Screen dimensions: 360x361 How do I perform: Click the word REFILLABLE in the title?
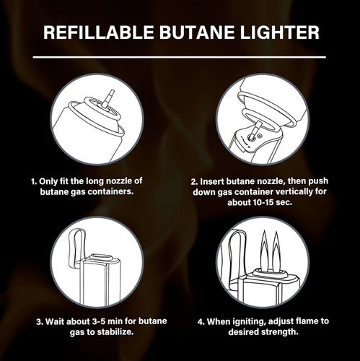tap(99, 32)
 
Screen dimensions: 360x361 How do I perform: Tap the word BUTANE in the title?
tap(197, 32)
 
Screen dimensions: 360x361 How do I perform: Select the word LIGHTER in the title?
tap(280, 32)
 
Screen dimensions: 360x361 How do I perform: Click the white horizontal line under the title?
tap(180, 57)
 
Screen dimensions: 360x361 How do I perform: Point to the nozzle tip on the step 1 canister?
tap(111, 92)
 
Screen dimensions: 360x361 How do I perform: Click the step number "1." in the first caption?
tap(34, 181)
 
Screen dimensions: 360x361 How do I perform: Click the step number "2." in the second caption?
tap(194, 182)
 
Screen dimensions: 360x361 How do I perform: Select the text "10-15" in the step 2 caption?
tap(263, 202)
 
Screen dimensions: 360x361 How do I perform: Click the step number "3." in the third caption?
tap(40, 322)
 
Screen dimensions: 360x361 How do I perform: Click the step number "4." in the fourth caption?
tap(201, 322)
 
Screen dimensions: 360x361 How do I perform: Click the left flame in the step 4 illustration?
tap(264, 250)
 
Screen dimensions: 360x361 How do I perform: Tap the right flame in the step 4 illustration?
tap(276, 251)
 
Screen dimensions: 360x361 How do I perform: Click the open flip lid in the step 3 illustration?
tap(77, 248)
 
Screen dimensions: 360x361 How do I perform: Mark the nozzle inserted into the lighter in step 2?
tap(255, 129)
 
